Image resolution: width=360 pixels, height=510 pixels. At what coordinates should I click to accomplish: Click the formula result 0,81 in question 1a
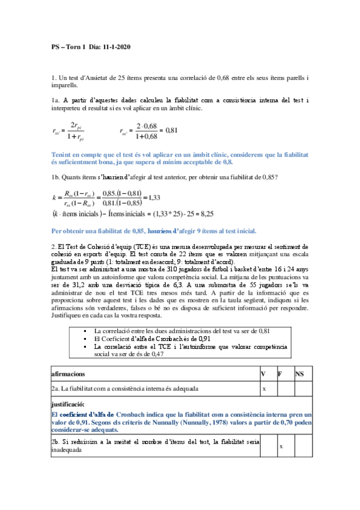[x=172, y=130]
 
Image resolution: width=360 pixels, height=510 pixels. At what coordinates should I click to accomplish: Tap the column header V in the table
[x=263, y=373]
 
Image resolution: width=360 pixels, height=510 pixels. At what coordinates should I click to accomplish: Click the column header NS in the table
[x=300, y=373]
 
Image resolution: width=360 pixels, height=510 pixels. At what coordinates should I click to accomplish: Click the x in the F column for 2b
[x=281, y=447]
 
